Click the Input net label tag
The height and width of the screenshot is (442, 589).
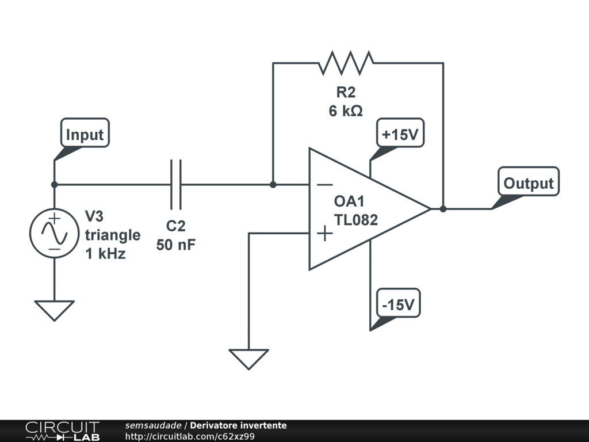coord(85,133)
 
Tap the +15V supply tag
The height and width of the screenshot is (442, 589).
coord(400,133)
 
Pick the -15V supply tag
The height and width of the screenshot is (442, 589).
coord(398,303)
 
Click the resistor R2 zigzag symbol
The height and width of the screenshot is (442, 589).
coord(346,63)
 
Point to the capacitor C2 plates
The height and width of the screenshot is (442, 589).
coord(176,185)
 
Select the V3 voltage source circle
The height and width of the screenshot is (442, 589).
coord(55,233)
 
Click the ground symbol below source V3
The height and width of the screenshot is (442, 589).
coord(55,311)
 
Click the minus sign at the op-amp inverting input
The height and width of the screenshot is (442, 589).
coord(324,185)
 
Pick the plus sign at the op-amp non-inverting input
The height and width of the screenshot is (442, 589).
coord(324,234)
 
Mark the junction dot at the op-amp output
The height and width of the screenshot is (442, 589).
coord(443,209)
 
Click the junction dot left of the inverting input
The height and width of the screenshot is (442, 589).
coord(273,185)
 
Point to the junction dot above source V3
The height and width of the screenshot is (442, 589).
coord(55,185)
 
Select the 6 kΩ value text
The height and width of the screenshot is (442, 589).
coord(346,111)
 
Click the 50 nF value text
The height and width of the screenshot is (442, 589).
coord(176,245)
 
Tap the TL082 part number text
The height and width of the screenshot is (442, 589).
coord(355,220)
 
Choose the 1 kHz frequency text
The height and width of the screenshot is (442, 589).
coord(106,254)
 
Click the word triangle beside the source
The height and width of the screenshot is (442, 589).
coord(113,235)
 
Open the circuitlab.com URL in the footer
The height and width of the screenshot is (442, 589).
coord(190,436)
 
